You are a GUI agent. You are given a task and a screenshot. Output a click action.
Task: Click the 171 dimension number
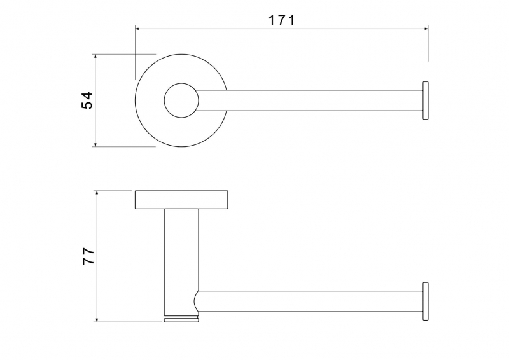pos(282,20)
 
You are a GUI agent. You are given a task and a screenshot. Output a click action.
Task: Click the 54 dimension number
pos(87,100)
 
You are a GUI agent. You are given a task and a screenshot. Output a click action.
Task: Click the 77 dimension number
pos(88,256)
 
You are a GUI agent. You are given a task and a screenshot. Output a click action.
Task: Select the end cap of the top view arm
pos(425,100)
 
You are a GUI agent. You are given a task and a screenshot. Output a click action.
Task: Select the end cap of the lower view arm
pos(425,301)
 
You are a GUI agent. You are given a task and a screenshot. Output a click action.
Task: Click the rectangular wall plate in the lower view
pos(181,200)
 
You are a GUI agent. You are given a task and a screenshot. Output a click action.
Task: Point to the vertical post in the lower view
pos(181,262)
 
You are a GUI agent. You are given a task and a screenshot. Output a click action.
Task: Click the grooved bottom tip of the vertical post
pos(181,319)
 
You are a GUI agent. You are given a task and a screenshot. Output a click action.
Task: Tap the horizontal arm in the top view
pos(309,100)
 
